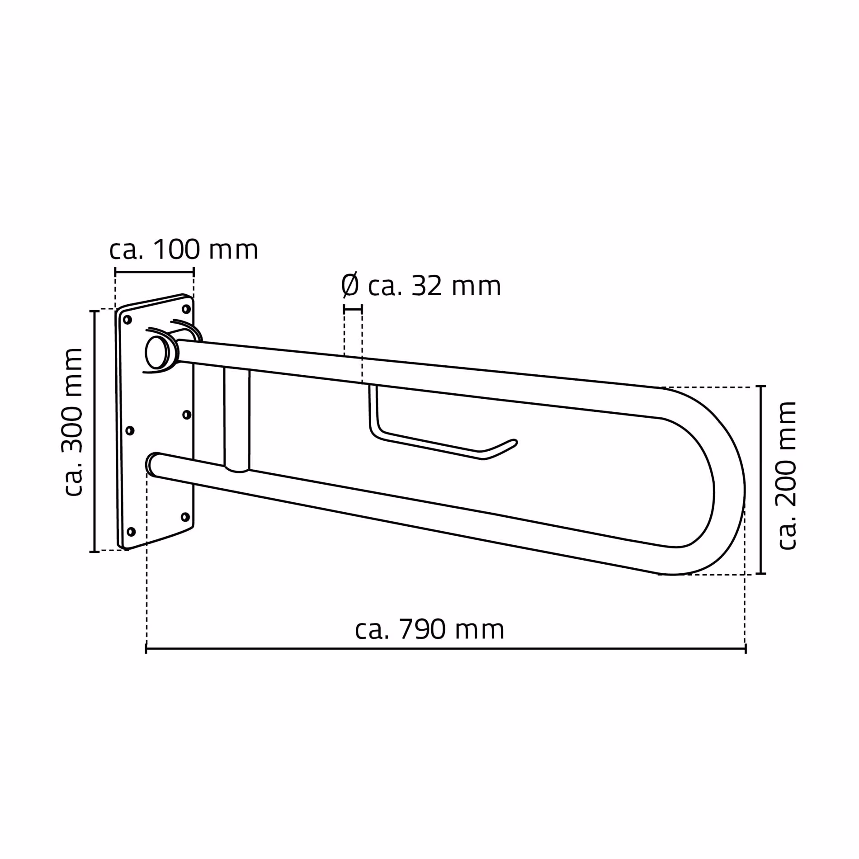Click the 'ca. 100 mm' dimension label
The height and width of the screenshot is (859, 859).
point(184,250)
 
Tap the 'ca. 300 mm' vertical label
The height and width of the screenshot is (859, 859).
point(72,422)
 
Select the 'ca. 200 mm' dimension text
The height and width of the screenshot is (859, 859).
point(786,475)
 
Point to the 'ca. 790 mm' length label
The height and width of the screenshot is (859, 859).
point(429,630)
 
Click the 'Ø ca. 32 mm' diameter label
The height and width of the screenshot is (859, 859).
point(420,286)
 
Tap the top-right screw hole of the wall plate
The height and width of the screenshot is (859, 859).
point(186,309)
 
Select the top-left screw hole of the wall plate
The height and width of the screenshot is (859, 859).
point(127,320)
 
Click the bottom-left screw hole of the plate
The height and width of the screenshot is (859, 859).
point(131,532)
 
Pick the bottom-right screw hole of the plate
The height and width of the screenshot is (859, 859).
point(184,517)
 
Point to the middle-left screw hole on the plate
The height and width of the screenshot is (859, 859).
point(130,431)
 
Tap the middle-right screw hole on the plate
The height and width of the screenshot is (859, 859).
point(186,414)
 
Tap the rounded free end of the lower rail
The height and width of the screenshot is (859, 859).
point(152,464)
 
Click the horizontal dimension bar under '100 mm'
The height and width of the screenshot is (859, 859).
point(154,272)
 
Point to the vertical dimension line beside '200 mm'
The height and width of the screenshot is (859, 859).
point(762,480)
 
